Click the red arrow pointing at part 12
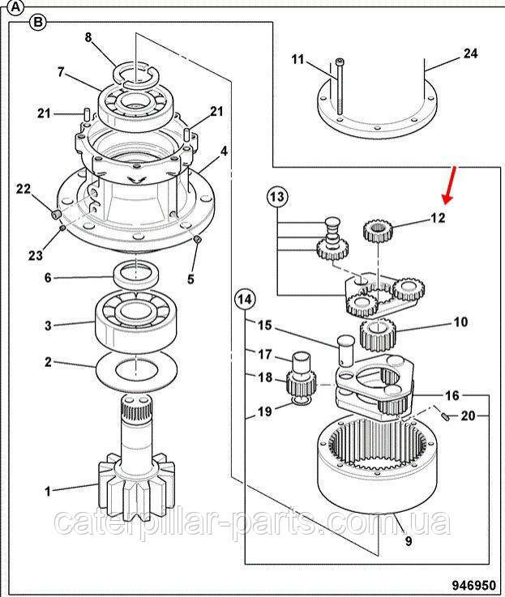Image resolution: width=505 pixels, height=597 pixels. (x=450, y=185)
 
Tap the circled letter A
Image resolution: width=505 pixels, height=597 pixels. (x=15, y=7)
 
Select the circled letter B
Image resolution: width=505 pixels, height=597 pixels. (x=38, y=23)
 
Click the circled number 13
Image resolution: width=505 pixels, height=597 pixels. (x=277, y=197)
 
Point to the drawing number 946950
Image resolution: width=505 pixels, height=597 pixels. (x=474, y=584)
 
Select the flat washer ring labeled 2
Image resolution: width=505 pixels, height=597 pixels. (x=136, y=370)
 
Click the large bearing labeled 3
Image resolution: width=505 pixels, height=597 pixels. (x=136, y=321)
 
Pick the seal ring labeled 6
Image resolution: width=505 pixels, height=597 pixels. (x=136, y=274)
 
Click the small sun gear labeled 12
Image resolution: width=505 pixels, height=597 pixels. (x=377, y=231)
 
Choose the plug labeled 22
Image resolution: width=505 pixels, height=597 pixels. (x=56, y=215)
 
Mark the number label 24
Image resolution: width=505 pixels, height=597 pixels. (x=470, y=53)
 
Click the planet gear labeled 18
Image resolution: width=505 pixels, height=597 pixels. (x=301, y=386)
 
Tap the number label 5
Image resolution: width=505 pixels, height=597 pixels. (x=190, y=279)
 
